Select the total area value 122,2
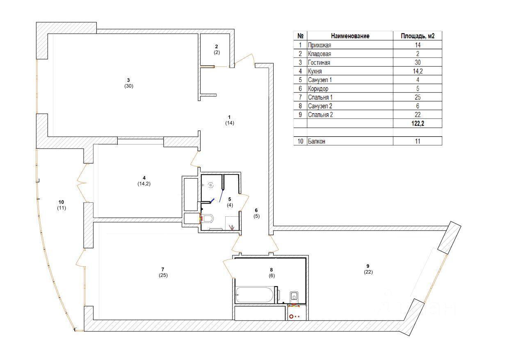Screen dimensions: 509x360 point(418,124)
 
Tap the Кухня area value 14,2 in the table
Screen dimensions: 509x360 point(418,71)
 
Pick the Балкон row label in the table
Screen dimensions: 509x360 point(316,141)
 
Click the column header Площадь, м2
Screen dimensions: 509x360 point(418,36)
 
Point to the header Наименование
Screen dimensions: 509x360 point(350,36)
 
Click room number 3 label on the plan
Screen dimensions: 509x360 point(128,80)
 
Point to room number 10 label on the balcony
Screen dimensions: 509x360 point(61,202)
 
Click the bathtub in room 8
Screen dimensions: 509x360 point(254,294)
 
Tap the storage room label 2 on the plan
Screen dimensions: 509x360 point(216,46)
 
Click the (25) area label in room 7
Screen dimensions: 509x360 point(163,275)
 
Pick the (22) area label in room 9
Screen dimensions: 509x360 point(368,272)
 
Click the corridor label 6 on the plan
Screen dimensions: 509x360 point(256,210)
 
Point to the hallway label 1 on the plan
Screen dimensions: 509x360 point(229,117)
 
